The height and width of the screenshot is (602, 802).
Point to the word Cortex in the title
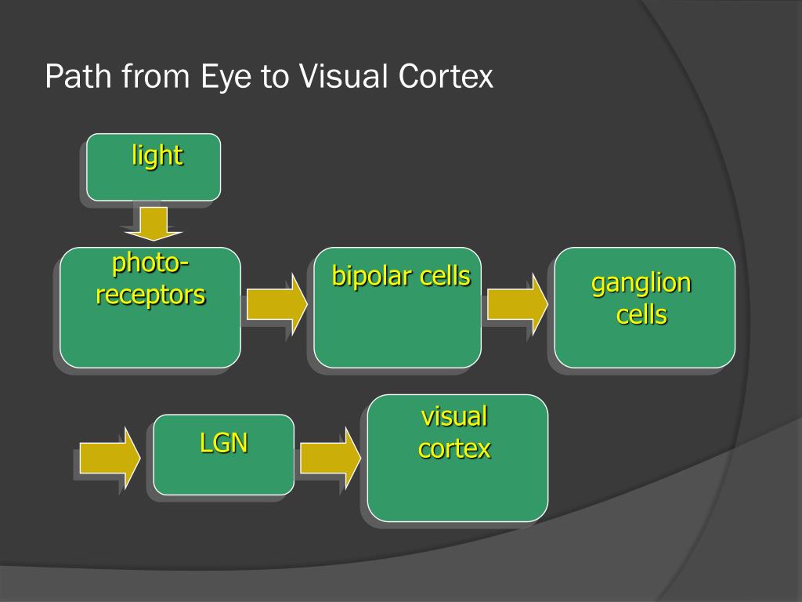(x=446, y=77)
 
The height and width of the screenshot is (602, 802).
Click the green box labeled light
(x=154, y=167)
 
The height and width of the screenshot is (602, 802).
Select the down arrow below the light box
(x=152, y=223)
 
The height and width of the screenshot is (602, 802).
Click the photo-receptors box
(x=150, y=307)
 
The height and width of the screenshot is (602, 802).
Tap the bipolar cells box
(x=398, y=307)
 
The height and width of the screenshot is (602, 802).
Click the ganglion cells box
(x=645, y=307)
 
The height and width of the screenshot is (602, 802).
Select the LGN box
(x=224, y=455)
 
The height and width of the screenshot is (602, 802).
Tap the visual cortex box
(x=457, y=458)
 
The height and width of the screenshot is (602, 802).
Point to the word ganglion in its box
(x=641, y=283)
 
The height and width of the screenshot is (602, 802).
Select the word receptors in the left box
(x=150, y=295)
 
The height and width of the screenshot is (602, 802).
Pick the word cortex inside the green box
(x=454, y=448)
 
